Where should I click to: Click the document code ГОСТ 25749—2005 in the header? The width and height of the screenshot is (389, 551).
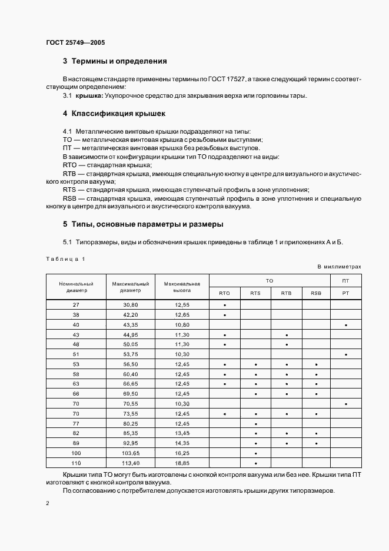[x=75, y=42]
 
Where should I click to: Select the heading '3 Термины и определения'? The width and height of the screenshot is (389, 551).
[x=115, y=61]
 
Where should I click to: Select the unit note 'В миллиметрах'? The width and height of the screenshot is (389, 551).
[x=339, y=267]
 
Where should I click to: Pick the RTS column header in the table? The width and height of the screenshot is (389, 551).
[x=255, y=293]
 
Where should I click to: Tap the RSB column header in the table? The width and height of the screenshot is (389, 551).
[x=317, y=293]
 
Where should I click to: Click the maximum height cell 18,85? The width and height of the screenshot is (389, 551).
[x=182, y=463]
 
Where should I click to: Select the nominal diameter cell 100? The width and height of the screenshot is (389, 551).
[x=76, y=453]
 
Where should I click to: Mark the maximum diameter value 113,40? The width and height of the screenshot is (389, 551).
[x=130, y=463]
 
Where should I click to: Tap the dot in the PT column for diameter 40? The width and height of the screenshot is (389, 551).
[x=345, y=325]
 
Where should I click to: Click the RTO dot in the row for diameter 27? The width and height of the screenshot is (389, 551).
[x=225, y=306]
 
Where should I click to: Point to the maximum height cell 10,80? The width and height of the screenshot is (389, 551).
[x=182, y=325]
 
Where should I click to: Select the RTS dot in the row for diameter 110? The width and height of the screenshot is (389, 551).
[x=255, y=463]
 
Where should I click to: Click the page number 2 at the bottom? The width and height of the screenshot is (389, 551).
[x=47, y=504]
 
